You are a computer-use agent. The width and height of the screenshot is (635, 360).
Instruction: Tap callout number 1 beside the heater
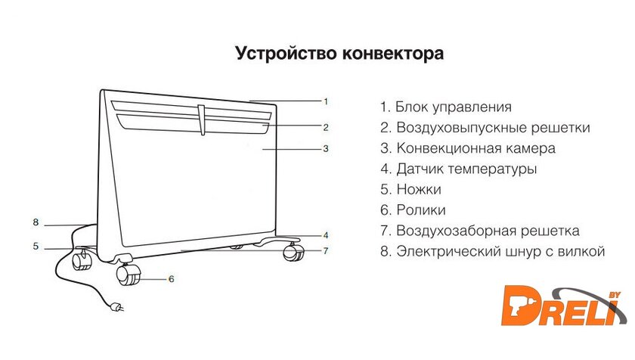click(326, 101)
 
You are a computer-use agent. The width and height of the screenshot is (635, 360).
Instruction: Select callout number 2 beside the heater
click(326, 126)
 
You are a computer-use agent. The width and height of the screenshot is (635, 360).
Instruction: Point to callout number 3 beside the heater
click(326, 149)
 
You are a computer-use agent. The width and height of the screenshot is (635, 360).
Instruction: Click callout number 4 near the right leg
click(326, 234)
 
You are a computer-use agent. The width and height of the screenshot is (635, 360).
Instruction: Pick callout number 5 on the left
click(35, 246)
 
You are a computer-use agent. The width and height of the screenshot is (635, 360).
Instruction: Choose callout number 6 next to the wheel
click(171, 279)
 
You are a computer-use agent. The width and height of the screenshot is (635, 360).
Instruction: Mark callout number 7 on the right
click(326, 250)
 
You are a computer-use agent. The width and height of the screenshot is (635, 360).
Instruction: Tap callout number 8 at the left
click(35, 222)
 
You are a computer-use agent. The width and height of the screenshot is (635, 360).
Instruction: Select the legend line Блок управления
click(446, 107)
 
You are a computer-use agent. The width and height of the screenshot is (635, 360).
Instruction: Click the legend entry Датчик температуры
click(459, 169)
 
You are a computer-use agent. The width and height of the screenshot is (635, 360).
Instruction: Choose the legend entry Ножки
click(410, 190)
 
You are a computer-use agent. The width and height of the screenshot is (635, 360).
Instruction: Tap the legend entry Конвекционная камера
click(468, 148)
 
